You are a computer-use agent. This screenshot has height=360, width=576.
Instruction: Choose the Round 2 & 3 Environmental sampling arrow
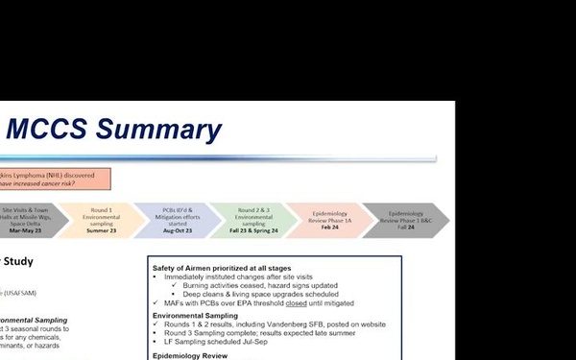252,219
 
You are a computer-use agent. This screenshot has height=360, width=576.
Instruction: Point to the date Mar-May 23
27,230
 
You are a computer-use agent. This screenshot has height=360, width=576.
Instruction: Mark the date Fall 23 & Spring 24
252,230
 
